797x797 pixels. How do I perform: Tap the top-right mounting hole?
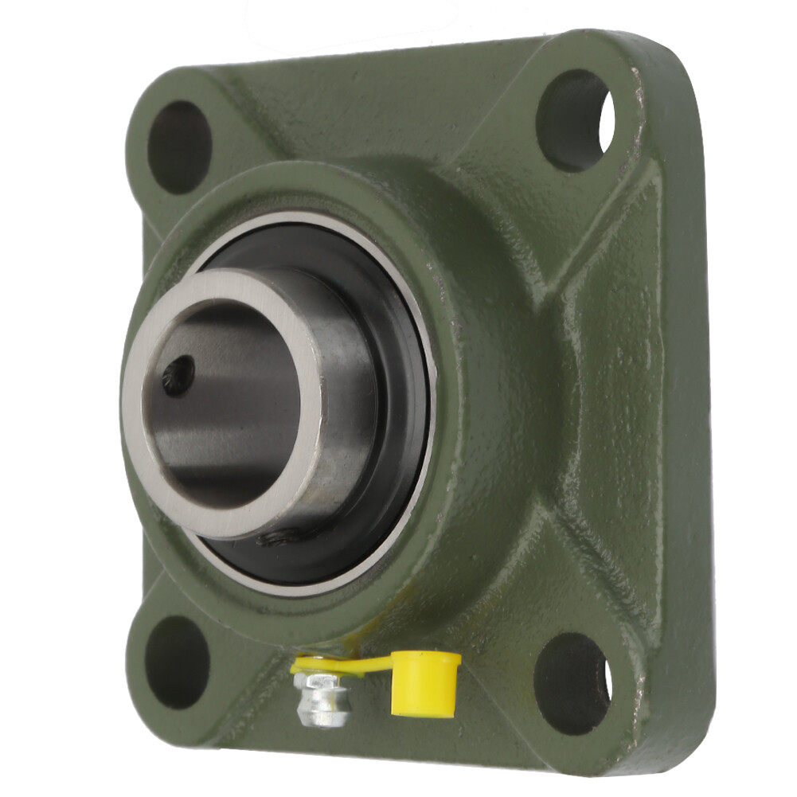[575, 120]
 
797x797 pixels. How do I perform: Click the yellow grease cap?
[425, 682]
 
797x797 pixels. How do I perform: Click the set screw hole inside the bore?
[178, 374]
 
